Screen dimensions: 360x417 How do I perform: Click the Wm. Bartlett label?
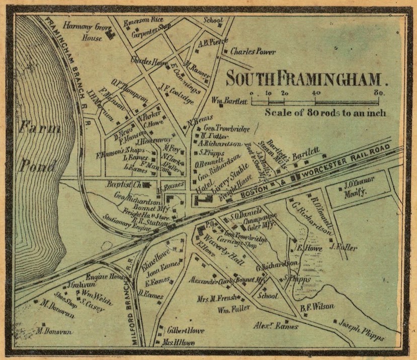229,100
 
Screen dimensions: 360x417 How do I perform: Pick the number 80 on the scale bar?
379,93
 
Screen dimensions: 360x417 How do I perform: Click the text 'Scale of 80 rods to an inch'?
325,113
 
